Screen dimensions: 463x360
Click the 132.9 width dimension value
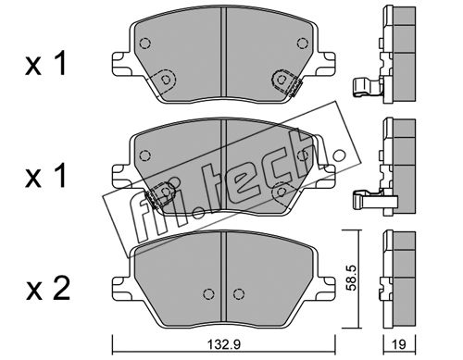tap(223, 344)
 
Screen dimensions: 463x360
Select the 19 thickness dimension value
tap(399, 344)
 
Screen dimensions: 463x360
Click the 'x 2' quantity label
tap(47, 290)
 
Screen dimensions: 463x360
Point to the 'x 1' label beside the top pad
tap(45, 64)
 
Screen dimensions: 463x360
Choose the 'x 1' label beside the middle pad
tap(45, 176)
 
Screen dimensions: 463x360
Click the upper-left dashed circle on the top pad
tap(144, 43)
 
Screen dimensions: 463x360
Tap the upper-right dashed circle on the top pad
tap(303, 43)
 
